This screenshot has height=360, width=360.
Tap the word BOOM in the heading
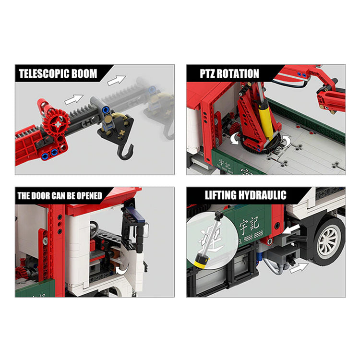[85, 73]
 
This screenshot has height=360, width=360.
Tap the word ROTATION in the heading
[240, 73]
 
